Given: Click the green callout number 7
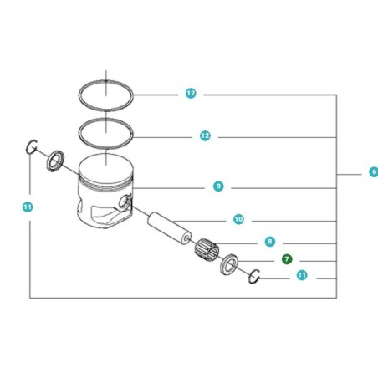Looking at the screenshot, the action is [287, 259].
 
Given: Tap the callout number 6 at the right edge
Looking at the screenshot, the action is [374, 171].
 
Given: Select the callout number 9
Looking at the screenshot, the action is [218, 186].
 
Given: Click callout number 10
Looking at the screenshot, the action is [238, 219].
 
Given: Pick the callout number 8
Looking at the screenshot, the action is [269, 242].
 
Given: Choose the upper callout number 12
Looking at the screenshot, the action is [191, 93].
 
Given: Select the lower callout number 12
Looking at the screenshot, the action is [205, 136].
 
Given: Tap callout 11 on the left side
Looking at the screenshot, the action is [28, 207].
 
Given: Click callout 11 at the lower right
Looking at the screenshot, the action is [302, 275].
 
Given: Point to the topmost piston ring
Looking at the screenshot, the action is [105, 81].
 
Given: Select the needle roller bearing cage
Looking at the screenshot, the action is [207, 248].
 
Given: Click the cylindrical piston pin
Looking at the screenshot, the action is [170, 228].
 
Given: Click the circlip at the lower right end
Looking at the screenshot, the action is [251, 277].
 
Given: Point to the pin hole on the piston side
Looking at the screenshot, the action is [125, 202].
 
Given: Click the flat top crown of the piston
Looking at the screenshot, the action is [105, 166].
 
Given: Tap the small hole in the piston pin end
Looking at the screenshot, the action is [186, 238].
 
